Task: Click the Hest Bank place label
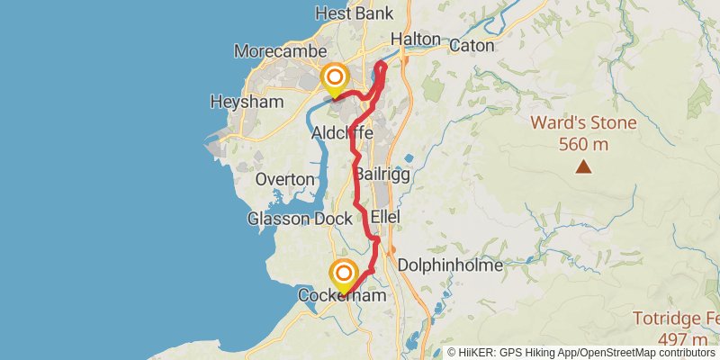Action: (x=354, y=13)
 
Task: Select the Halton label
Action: (x=416, y=40)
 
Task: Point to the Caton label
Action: (x=472, y=44)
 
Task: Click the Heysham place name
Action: (x=247, y=102)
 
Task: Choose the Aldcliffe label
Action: (x=342, y=133)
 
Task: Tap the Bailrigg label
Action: (x=382, y=175)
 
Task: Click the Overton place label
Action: (x=284, y=179)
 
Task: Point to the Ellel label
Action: (x=385, y=218)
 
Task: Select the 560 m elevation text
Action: (x=583, y=143)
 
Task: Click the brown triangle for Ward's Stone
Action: (x=584, y=166)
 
